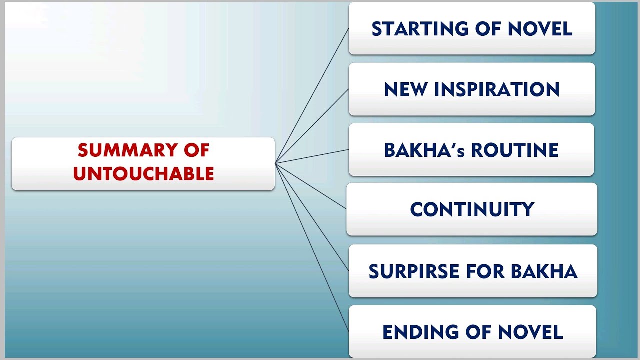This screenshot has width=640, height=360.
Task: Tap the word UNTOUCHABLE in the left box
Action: [x=143, y=174]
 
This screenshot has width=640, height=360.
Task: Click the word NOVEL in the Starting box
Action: [x=540, y=29]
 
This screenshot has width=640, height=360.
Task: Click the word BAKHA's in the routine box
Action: [x=424, y=150]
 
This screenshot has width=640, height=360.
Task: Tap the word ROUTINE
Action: [x=515, y=150]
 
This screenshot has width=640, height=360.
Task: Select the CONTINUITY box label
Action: [x=472, y=209]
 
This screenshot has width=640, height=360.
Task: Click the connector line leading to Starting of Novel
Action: [x=312, y=95]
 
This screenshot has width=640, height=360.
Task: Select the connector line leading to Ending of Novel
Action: [x=312, y=247]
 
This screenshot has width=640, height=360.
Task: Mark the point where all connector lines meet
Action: [x=275, y=163]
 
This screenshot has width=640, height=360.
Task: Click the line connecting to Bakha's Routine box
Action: [x=312, y=156]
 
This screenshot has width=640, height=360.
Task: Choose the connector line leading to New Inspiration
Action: [x=312, y=125]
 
